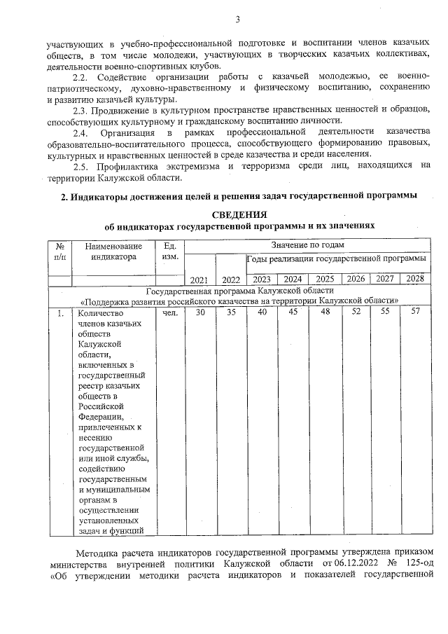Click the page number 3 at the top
tap(237, 18)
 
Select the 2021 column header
tap(199, 280)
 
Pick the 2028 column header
tap(415, 278)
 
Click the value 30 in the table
tap(200, 312)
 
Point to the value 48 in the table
tap(325, 312)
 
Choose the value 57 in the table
tap(415, 312)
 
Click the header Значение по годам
tap(308, 244)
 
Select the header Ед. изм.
tap(170, 251)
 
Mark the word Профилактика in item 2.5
tap(132, 165)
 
